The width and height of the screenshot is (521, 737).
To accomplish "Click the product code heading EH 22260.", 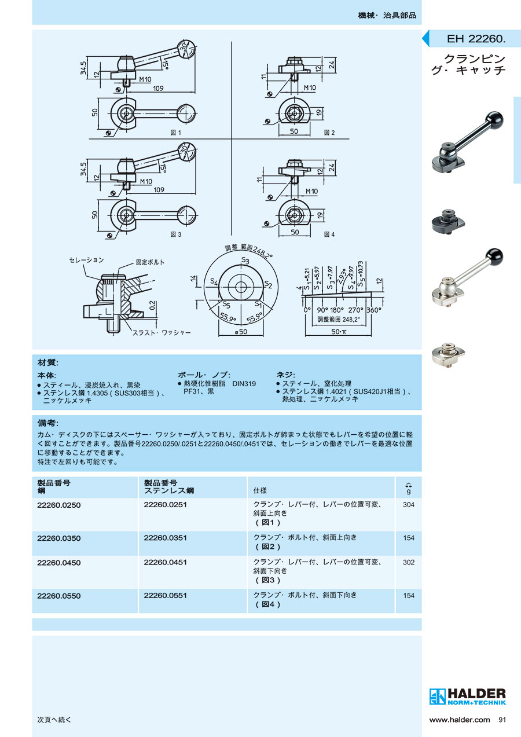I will (476, 39).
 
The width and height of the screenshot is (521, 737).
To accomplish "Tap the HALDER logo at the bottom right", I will (468, 696).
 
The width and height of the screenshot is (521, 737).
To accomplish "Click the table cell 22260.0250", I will (59, 505).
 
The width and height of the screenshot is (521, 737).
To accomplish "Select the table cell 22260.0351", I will (165, 538).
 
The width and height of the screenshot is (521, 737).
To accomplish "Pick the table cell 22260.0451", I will (165, 562).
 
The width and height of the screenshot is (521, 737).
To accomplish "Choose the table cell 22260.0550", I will (59, 595).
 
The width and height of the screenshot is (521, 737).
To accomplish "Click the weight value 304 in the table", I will (409, 505).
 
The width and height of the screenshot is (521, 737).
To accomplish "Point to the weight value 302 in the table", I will (409, 562).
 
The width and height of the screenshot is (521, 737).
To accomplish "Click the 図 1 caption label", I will (176, 133).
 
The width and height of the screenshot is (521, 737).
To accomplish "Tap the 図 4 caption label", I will (329, 234).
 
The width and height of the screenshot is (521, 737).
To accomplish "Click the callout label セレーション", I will (86, 261).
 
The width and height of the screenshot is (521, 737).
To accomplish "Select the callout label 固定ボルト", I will (150, 262).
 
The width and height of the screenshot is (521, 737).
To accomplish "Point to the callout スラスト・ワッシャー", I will (162, 333).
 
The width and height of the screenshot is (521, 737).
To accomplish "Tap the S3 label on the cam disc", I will (245, 261).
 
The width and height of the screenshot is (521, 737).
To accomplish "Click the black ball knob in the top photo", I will (495, 119).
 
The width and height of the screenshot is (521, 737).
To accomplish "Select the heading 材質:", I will (48, 362).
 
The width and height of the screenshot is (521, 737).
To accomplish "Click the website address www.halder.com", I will (459, 720).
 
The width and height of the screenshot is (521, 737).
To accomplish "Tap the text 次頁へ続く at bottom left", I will (54, 720).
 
